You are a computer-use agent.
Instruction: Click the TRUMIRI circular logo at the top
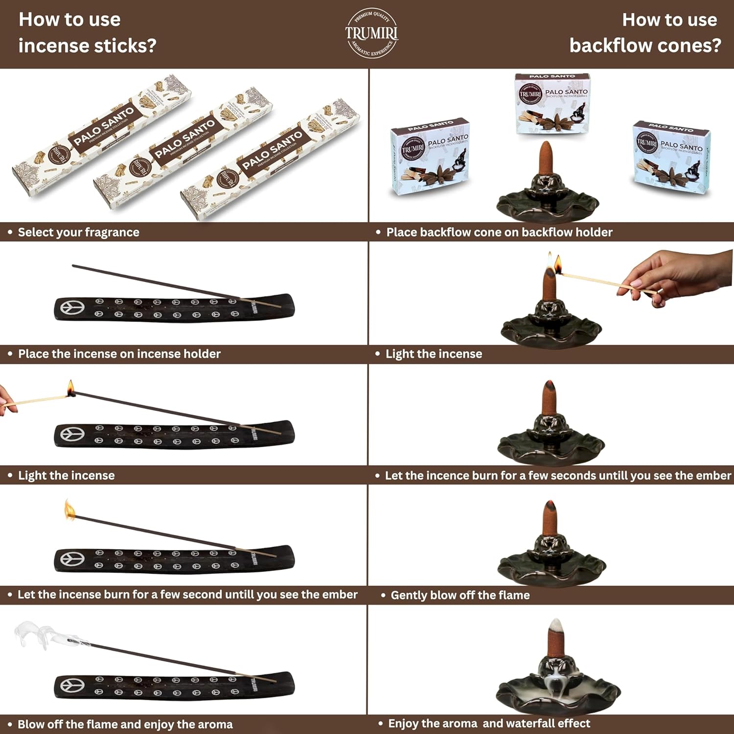point(371,33)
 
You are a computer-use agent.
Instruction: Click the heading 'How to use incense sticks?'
point(87,32)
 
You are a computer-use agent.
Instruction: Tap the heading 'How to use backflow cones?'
point(645,32)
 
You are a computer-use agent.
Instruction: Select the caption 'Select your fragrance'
point(78,232)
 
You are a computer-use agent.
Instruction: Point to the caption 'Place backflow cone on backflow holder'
point(499,232)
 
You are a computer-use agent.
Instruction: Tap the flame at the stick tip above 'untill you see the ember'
point(70,511)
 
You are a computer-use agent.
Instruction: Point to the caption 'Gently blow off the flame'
point(460,595)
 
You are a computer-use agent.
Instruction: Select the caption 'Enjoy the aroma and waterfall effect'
point(489,723)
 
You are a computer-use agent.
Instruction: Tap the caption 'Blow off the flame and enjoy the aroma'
point(125,724)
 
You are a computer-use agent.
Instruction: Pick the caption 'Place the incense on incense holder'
point(119,354)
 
